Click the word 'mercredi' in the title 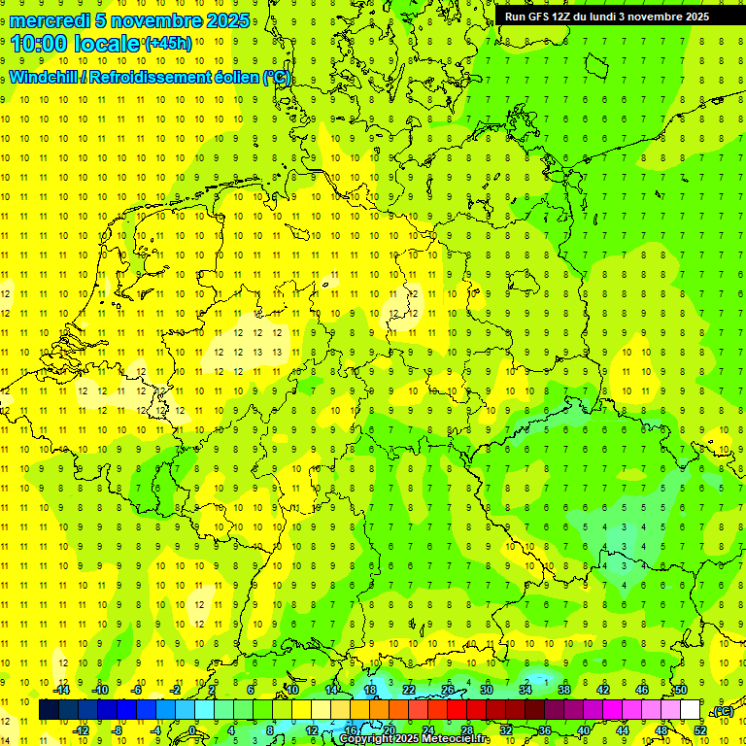51,20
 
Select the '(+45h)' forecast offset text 168,44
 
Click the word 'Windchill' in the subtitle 45,78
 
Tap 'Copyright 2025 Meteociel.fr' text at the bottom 415,739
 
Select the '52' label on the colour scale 699,729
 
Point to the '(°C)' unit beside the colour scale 723,711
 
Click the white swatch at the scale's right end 691,710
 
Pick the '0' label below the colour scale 192,730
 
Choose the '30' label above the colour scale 487,690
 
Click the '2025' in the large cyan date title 227,20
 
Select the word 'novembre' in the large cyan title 157,20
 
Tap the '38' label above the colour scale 564,690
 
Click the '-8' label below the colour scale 119,730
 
